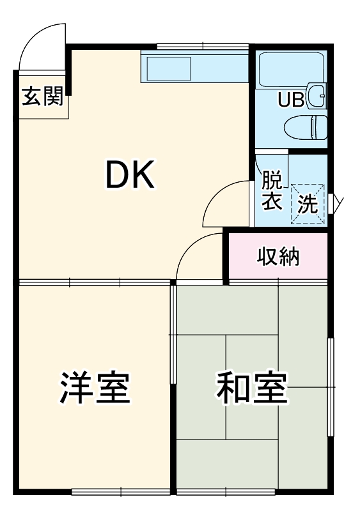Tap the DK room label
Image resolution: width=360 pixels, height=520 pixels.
[x=130, y=175]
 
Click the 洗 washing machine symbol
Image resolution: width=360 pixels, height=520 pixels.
[x=308, y=204]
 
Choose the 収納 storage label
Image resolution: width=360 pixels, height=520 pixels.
[x=278, y=257]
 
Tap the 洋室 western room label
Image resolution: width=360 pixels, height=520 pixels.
[x=95, y=387]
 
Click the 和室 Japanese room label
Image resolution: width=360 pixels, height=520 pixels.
[x=251, y=387]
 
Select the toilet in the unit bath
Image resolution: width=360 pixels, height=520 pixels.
[x=306, y=126]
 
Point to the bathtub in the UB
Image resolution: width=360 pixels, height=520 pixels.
[x=292, y=66]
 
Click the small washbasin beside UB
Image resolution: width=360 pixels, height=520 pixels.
[x=318, y=95]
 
